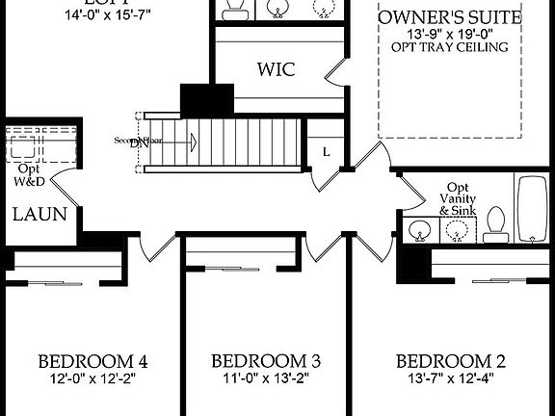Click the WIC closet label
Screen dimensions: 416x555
tap(275, 70)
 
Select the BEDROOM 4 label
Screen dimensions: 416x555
tap(92, 362)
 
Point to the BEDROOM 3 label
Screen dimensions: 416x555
tap(265, 362)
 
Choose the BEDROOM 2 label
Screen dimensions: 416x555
tap(451, 362)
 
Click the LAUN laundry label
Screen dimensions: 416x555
tap(40, 214)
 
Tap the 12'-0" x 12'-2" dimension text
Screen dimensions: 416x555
tap(92, 379)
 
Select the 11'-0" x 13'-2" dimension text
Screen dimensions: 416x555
tap(265, 379)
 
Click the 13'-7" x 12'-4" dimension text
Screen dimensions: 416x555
tap(451, 379)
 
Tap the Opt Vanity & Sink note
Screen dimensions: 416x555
tap(458, 198)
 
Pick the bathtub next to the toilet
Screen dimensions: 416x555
tap(532, 210)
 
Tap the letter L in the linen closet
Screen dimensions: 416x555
tap(327, 152)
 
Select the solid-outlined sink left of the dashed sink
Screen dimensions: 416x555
tap(419, 230)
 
